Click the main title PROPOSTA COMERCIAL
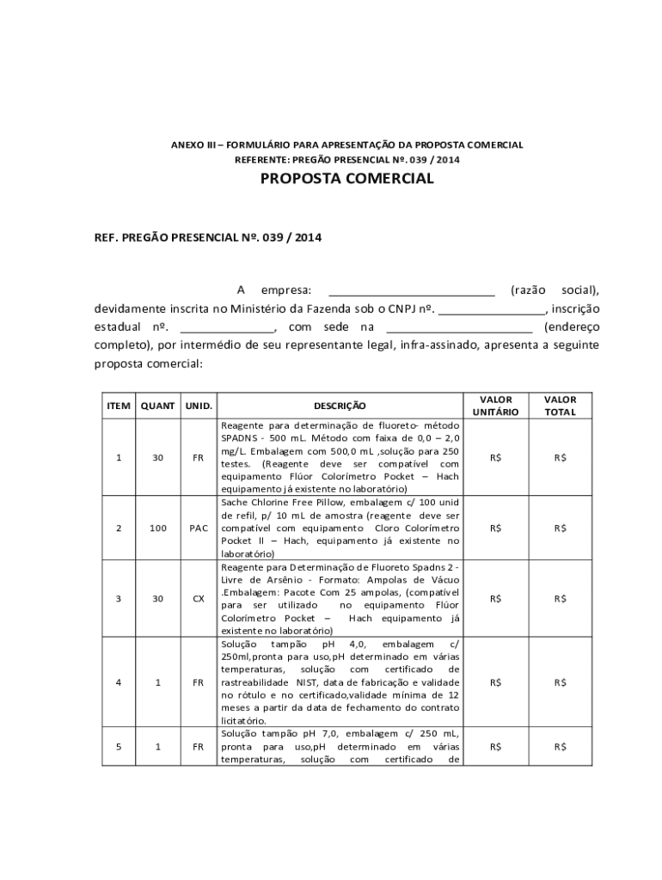pyautogui.click(x=347, y=179)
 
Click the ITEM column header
pyautogui.click(x=118, y=406)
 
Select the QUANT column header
pyautogui.click(x=157, y=406)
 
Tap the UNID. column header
pyautogui.click(x=198, y=406)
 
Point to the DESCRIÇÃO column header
pyautogui.click(x=340, y=406)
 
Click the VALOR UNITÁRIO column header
pyautogui.click(x=496, y=406)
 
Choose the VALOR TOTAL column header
pyautogui.click(x=561, y=406)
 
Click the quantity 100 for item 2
pyautogui.click(x=157, y=528)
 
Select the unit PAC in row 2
pyautogui.click(x=198, y=528)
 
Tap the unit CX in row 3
pyautogui.click(x=198, y=598)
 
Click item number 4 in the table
pyautogui.click(x=118, y=682)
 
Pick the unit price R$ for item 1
pyautogui.click(x=496, y=458)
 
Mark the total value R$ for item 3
pyautogui.click(x=561, y=598)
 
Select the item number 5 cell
pyautogui.click(x=118, y=747)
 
